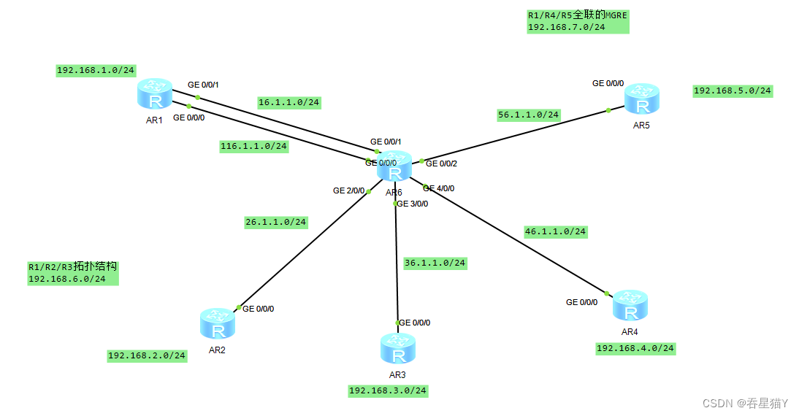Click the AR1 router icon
(154, 95)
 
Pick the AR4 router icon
(630, 306)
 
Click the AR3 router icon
(398, 349)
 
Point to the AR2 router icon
(217, 324)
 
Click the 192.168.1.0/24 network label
(96, 70)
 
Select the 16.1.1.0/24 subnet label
(288, 102)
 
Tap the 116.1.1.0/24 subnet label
(253, 146)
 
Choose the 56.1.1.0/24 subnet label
(528, 115)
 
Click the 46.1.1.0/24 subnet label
(555, 231)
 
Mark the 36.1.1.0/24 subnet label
(435, 262)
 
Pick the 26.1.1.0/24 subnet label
(275, 222)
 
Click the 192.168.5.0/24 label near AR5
(732, 90)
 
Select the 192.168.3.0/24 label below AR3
(387, 390)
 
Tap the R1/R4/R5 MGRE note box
(577, 20)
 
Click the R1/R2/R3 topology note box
(72, 272)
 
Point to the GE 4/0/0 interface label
(439, 188)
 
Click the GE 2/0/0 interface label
(348, 190)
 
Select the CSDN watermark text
(745, 403)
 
